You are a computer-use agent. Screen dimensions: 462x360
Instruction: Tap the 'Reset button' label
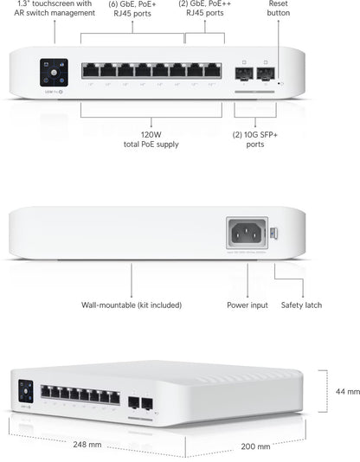279,9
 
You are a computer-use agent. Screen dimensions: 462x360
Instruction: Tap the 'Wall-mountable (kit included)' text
132,305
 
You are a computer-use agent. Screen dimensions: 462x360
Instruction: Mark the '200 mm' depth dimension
255,446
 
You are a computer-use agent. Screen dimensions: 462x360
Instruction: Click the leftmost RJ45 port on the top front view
91,70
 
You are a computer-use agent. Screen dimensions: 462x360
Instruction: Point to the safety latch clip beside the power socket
273,232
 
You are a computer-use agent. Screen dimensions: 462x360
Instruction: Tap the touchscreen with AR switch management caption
54,9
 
